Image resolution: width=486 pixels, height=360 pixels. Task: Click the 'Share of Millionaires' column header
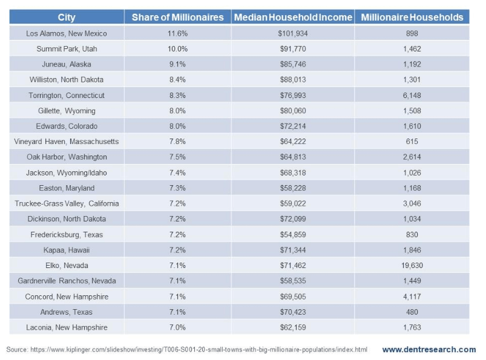click(177, 18)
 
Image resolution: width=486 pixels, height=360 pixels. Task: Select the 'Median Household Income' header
click(293, 18)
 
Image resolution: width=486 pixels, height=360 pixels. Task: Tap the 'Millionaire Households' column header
click(412, 18)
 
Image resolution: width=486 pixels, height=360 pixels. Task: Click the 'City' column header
click(67, 18)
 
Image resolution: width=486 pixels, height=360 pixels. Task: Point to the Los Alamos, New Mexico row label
click(67, 33)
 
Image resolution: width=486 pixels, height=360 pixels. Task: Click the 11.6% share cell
click(177, 33)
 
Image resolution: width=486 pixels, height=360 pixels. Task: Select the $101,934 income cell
click(293, 33)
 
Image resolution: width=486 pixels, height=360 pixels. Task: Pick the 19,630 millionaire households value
click(412, 266)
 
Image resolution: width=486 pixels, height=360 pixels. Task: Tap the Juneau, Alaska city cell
click(67, 64)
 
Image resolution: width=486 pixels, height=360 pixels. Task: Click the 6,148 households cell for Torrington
click(412, 96)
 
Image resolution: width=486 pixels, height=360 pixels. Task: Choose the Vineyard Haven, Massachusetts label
click(67, 142)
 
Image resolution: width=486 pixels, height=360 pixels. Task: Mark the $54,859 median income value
click(293, 235)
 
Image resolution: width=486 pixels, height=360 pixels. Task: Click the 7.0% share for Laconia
click(177, 327)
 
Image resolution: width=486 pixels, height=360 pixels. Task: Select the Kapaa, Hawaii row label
click(67, 250)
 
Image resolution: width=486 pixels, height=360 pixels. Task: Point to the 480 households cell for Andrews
click(412, 312)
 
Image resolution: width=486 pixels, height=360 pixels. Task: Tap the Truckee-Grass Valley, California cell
click(67, 203)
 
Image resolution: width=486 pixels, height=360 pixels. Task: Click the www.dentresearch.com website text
click(429, 350)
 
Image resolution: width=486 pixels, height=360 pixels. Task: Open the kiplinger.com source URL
click(199, 350)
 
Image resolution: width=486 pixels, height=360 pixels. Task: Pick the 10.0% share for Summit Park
click(177, 49)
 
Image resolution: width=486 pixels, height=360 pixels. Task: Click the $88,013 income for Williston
click(293, 80)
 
